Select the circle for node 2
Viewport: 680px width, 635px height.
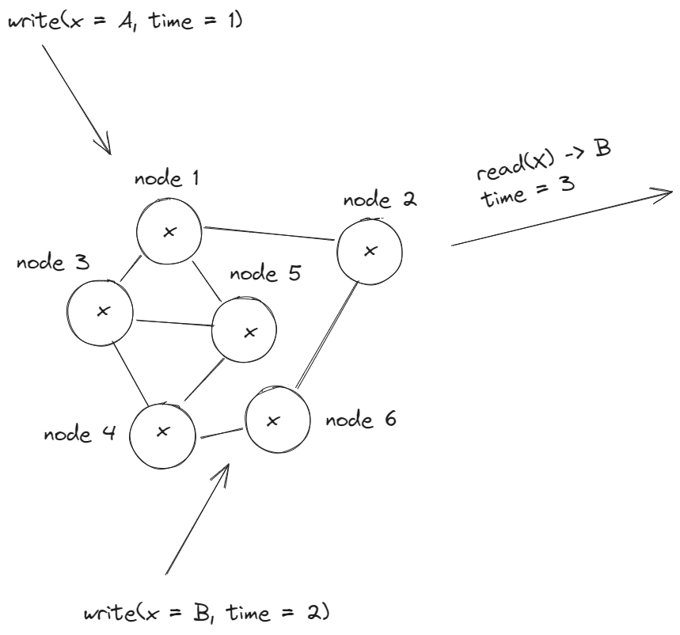point(370,251)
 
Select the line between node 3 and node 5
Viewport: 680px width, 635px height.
point(174,321)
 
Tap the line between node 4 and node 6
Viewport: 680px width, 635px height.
point(221,433)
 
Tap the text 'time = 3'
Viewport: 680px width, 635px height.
point(529,190)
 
